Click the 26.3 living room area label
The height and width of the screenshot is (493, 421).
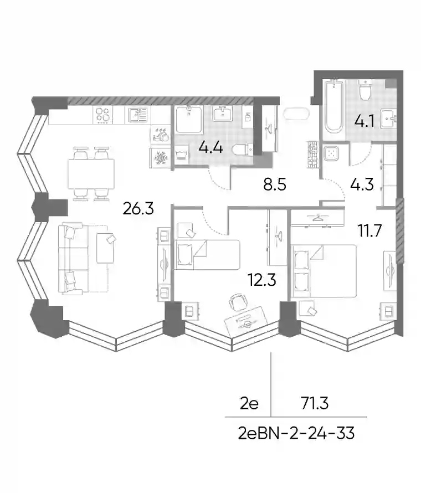[x=138, y=208]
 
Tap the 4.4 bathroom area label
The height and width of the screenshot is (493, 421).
[x=210, y=147]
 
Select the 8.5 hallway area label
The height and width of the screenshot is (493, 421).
[x=275, y=184]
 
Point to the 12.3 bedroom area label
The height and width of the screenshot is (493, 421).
[x=262, y=280]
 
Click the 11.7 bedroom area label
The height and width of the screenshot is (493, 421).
[x=369, y=230]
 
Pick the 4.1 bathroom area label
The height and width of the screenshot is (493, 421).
[x=364, y=121]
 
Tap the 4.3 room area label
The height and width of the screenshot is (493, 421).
[x=362, y=184]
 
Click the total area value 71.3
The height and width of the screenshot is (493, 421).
[x=315, y=403]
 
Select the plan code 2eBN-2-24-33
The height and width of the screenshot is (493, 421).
[x=296, y=433]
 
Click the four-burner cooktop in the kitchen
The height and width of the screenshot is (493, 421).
[x=103, y=115]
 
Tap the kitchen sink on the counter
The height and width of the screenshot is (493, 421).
[x=138, y=115]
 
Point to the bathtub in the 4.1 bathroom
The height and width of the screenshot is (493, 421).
[x=333, y=107]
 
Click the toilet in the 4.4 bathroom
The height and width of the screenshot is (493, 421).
[x=243, y=149]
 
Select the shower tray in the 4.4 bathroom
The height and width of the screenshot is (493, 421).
[x=189, y=120]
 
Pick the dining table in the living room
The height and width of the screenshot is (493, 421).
[x=91, y=173]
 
